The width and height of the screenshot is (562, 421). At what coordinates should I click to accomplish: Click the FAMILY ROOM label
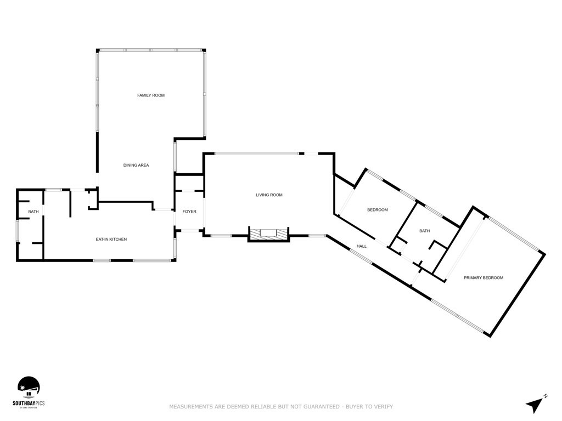click(x=151, y=95)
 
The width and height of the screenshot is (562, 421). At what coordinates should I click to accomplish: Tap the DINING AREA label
click(x=136, y=165)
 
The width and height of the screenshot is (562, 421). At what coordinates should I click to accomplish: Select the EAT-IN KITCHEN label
click(x=111, y=240)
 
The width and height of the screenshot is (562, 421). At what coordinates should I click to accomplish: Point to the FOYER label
click(x=189, y=212)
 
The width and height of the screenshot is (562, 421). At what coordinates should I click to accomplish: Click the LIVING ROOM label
click(x=269, y=195)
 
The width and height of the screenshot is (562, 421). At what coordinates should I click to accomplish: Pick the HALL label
click(x=362, y=246)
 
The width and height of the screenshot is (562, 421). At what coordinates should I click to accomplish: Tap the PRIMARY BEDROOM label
click(x=484, y=278)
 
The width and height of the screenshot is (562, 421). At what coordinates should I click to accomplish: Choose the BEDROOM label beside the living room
click(x=378, y=210)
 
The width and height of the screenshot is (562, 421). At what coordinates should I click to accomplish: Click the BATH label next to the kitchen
click(x=34, y=212)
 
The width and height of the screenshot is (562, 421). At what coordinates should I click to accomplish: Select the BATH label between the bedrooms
click(x=425, y=231)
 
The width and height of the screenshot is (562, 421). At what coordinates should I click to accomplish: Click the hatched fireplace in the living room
click(x=269, y=234)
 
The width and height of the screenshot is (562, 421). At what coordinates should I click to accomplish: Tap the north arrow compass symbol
click(x=534, y=405)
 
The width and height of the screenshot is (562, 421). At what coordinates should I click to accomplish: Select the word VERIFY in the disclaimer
click(x=384, y=407)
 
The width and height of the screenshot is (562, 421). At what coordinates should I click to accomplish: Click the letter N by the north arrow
click(x=546, y=396)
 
